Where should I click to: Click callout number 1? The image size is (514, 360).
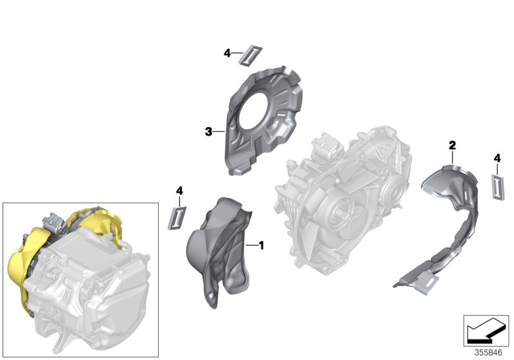[x=261, y=245]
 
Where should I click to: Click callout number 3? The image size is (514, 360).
[x=208, y=132]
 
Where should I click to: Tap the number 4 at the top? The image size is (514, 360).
[x=227, y=53]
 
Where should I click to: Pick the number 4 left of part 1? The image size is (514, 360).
[x=179, y=191]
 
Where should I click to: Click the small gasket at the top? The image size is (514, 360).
[x=249, y=55]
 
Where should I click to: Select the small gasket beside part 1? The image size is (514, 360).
[x=178, y=216]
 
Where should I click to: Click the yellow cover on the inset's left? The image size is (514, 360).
[x=19, y=270]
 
